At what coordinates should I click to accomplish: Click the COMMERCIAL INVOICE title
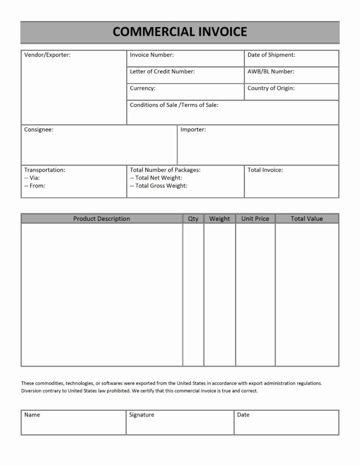click(180, 32)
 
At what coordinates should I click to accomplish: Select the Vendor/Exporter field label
click(47, 55)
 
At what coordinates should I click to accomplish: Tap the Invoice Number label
click(152, 55)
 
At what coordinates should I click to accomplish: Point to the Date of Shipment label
click(271, 55)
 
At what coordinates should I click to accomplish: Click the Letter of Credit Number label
click(162, 72)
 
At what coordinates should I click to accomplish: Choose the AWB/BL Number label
click(271, 72)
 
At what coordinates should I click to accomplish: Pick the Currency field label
click(143, 88)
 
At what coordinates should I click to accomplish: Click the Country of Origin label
click(271, 88)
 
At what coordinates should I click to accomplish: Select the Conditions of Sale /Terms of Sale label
click(174, 105)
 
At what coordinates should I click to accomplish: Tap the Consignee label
click(39, 130)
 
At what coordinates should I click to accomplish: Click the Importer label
click(193, 130)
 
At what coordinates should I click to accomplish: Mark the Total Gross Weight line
click(159, 186)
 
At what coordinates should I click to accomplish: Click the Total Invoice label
click(265, 170)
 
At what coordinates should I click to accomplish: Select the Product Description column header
click(101, 219)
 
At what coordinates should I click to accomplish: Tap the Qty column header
click(193, 219)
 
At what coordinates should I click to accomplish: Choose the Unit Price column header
click(255, 219)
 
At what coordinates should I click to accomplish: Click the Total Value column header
click(307, 219)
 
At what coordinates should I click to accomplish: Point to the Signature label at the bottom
click(142, 415)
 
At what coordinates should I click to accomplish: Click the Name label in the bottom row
click(32, 415)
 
